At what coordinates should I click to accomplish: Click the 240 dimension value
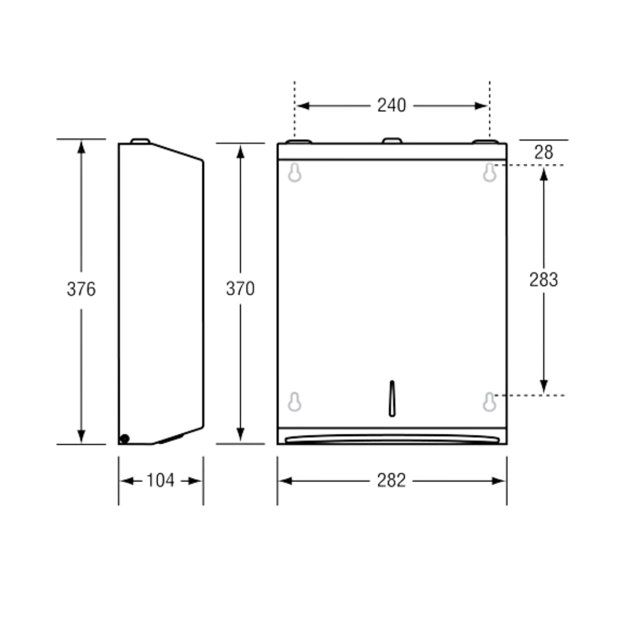[x=391, y=106]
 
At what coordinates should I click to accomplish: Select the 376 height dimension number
[x=81, y=289]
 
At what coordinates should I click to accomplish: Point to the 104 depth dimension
[x=160, y=481]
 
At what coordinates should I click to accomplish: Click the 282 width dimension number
[x=391, y=481]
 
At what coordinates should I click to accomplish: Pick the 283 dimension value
[x=543, y=280]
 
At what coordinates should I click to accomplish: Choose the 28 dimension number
[x=543, y=152]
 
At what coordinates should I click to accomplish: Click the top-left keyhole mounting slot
[x=295, y=173]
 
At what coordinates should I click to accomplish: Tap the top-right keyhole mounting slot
[x=489, y=173]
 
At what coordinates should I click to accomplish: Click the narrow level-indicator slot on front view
[x=392, y=398]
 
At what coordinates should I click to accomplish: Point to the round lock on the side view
[x=124, y=439]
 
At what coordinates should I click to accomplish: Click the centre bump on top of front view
[x=392, y=140]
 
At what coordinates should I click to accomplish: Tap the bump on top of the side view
[x=140, y=140]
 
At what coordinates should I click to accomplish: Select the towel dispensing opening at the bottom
[x=392, y=440]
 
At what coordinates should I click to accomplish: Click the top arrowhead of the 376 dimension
[x=81, y=146]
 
